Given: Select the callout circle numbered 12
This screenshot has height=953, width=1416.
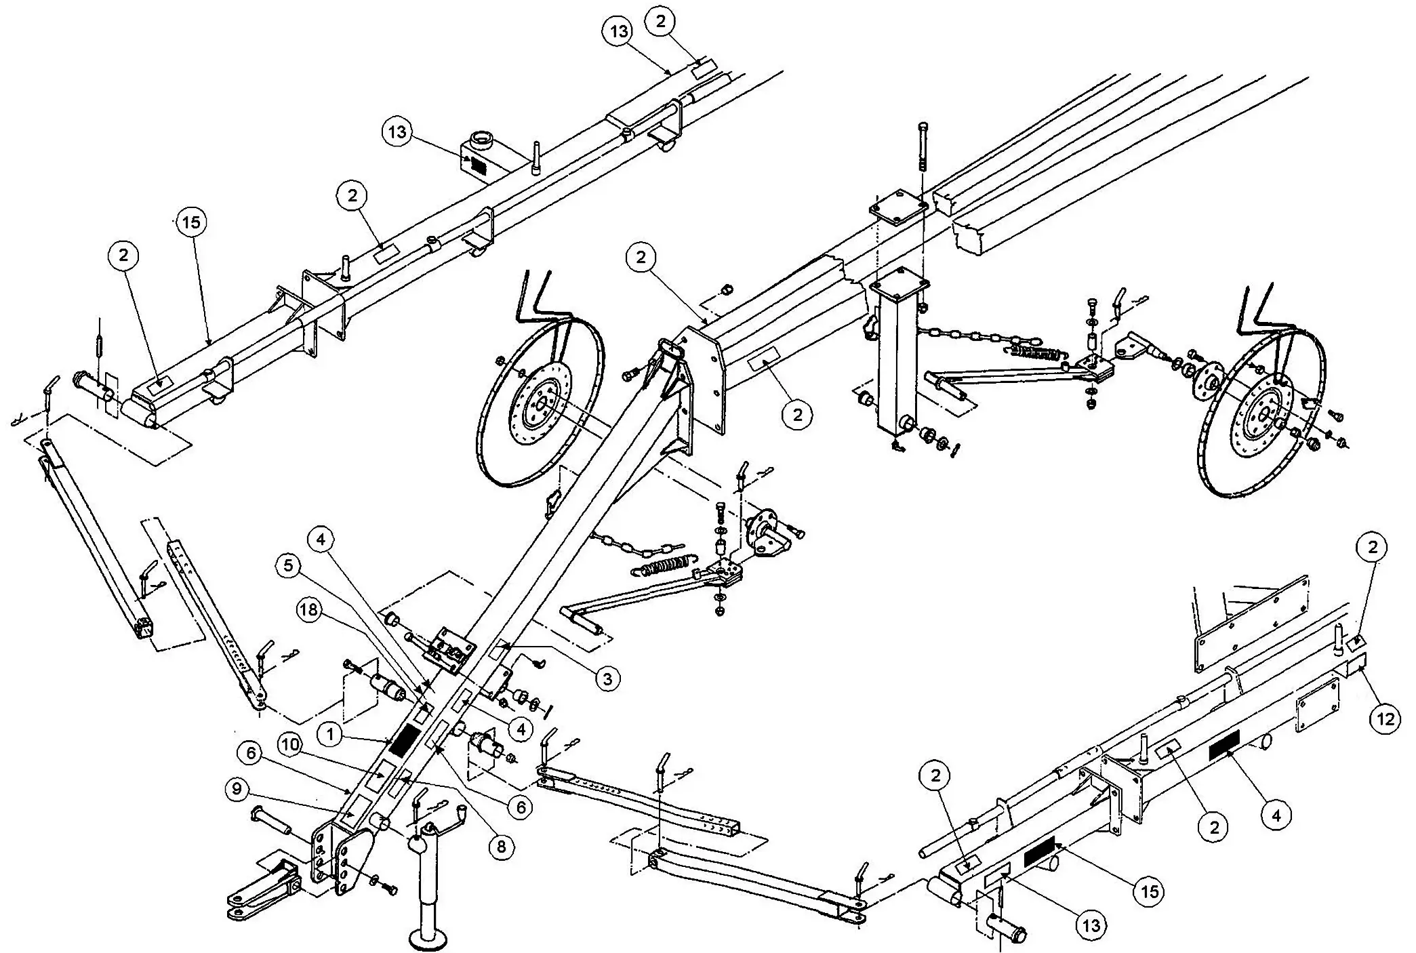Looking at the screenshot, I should tap(1385, 718).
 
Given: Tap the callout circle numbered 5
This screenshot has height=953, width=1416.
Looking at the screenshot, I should tap(289, 566).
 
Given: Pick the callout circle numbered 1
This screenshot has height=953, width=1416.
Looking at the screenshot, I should tap(330, 733).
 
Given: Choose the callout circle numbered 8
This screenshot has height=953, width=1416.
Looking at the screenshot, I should tap(501, 847).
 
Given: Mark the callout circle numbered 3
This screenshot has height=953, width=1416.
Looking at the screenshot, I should tap(607, 678).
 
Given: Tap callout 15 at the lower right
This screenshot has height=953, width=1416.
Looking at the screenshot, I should tap(1150, 890).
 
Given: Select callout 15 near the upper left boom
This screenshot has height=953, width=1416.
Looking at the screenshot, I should tap(193, 222).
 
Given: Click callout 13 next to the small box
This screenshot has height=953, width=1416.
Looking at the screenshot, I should tap(398, 131).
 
